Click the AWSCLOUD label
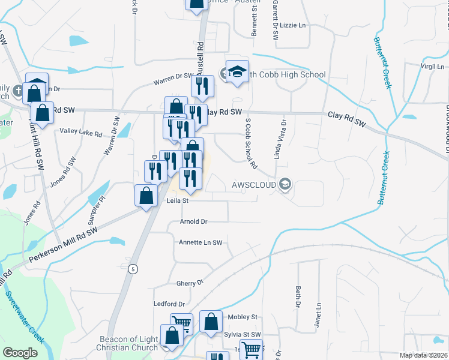(x=254, y=185)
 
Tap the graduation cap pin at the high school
(x=238, y=73)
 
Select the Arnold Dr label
(x=193, y=221)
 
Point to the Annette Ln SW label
(x=200, y=242)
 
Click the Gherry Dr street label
(x=190, y=283)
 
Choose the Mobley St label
(x=242, y=317)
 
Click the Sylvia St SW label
(x=243, y=334)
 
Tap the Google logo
(x=20, y=352)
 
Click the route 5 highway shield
(x=131, y=269)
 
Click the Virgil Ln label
(x=432, y=66)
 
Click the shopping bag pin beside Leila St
(x=146, y=196)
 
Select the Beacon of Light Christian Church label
(x=128, y=343)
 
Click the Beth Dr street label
(x=297, y=296)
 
